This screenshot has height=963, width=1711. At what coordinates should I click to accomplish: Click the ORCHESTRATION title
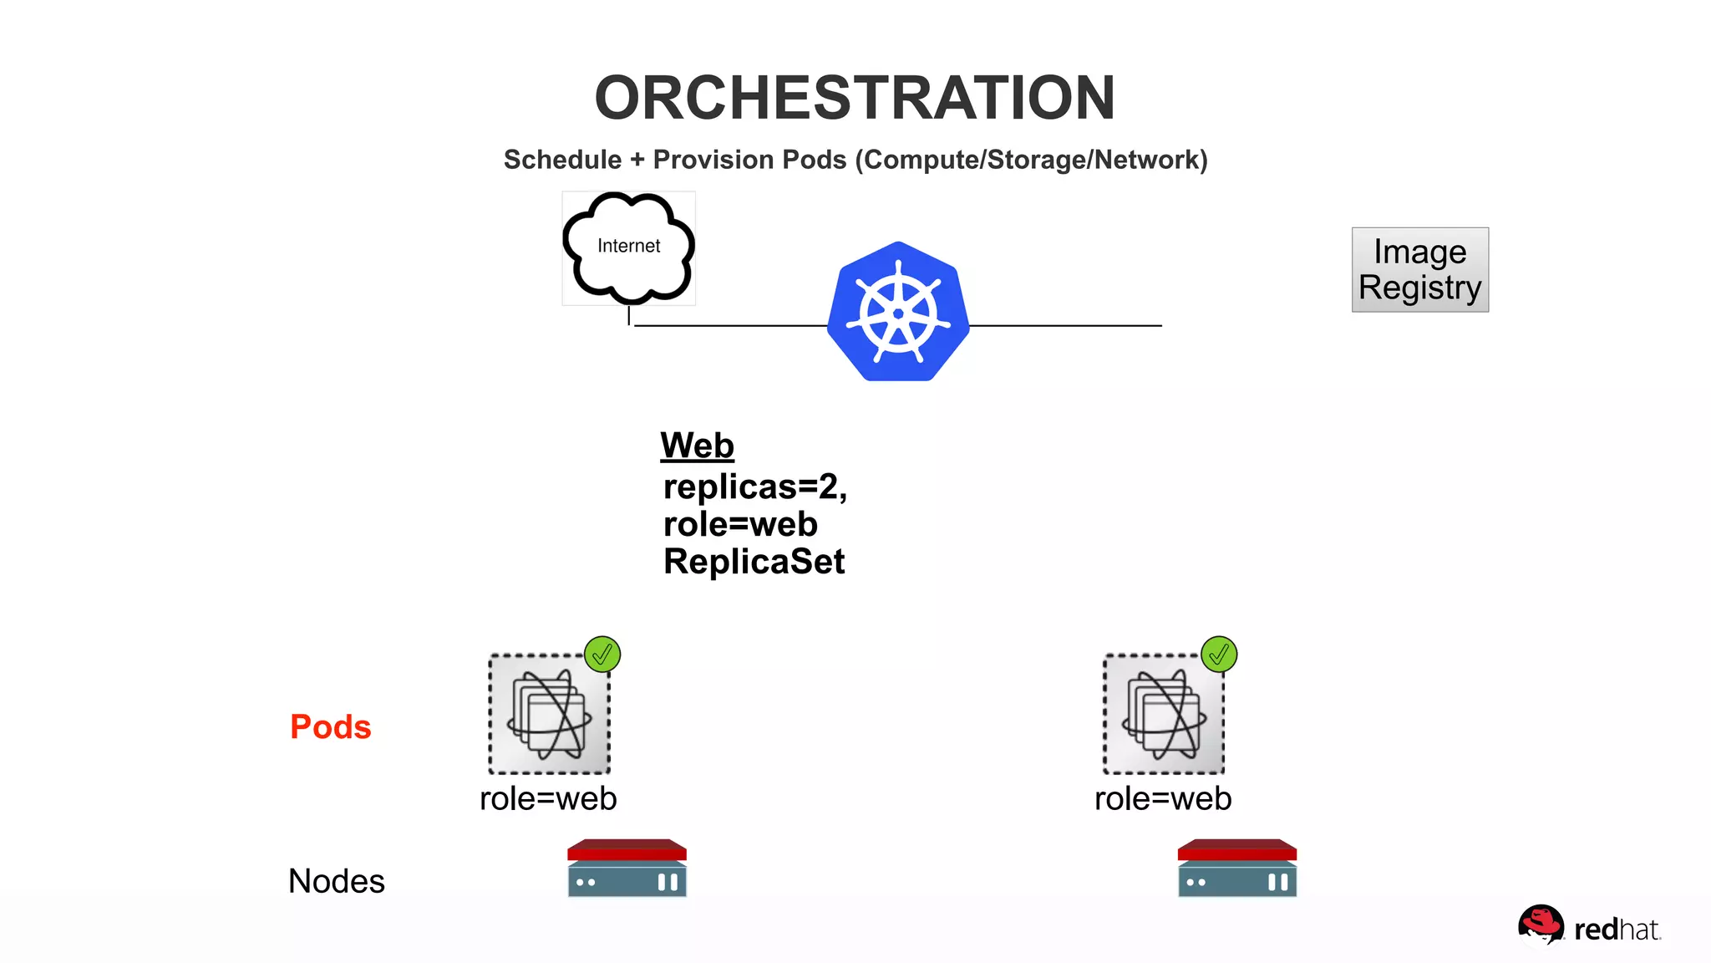point(855,98)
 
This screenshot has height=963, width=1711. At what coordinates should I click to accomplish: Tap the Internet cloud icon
point(628,247)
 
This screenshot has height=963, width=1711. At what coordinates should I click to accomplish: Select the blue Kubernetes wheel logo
point(898,312)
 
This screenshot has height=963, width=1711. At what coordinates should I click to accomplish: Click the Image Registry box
point(1419,269)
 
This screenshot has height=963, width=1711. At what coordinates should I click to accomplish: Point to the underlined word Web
point(697,446)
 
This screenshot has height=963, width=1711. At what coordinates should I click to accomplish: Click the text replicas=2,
point(754,487)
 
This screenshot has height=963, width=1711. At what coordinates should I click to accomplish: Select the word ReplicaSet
point(754,562)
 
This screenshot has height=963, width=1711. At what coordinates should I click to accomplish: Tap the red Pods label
point(330,726)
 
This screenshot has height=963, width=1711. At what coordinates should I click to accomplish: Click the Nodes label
point(336,881)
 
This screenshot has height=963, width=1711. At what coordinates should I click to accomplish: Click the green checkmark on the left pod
point(602,655)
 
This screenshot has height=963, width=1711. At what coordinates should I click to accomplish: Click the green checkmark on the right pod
point(1219,655)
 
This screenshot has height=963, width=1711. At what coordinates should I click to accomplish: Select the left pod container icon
point(549,715)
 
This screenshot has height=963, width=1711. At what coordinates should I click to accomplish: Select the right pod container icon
point(1164,715)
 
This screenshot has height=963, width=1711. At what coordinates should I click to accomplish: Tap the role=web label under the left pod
point(548,799)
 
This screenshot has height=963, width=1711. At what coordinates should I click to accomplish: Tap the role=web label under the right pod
point(1163,799)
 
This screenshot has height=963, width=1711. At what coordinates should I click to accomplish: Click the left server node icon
point(627,869)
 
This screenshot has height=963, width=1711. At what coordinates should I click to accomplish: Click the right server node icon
point(1237,869)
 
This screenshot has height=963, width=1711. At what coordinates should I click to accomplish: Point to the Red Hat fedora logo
point(1541,925)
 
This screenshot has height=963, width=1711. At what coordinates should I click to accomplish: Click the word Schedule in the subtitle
point(562,160)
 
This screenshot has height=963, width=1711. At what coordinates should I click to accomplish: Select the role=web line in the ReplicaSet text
point(740,525)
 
